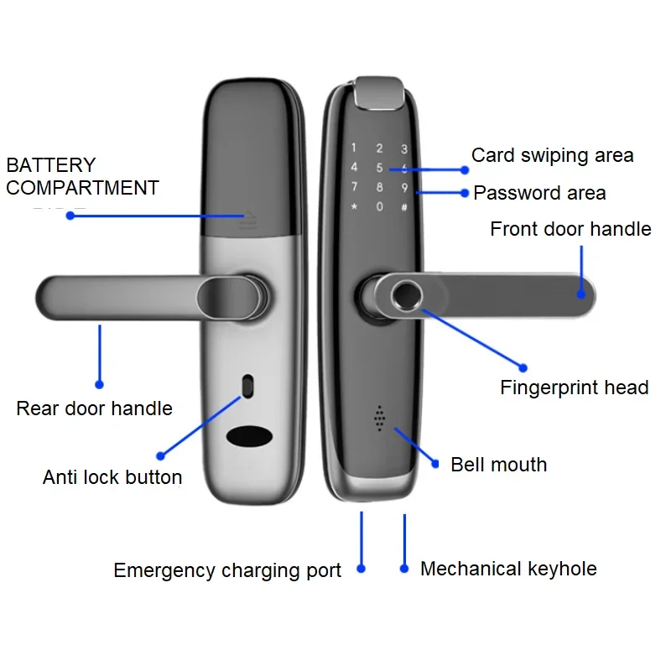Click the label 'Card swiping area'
pyautogui.click(x=552, y=155)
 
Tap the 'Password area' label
pyautogui.click(x=539, y=193)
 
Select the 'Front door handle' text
pyautogui.click(x=570, y=229)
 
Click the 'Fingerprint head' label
pyautogui.click(x=574, y=388)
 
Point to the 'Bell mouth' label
pyautogui.click(x=498, y=465)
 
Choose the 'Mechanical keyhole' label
pyautogui.click(x=508, y=569)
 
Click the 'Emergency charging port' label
pyautogui.click(x=227, y=571)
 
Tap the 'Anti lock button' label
pyautogui.click(x=112, y=477)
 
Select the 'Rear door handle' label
pyautogui.click(x=94, y=408)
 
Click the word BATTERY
pyautogui.click(x=51, y=165)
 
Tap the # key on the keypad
pyautogui.click(x=404, y=207)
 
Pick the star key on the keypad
pyautogui.click(x=355, y=207)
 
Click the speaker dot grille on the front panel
pyautogui.click(x=379, y=418)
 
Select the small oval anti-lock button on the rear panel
pyautogui.click(x=247, y=386)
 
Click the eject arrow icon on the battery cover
pyautogui.click(x=247, y=220)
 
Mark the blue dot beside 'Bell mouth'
pyautogui.click(x=435, y=463)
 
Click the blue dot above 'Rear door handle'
pyautogui.click(x=99, y=385)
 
